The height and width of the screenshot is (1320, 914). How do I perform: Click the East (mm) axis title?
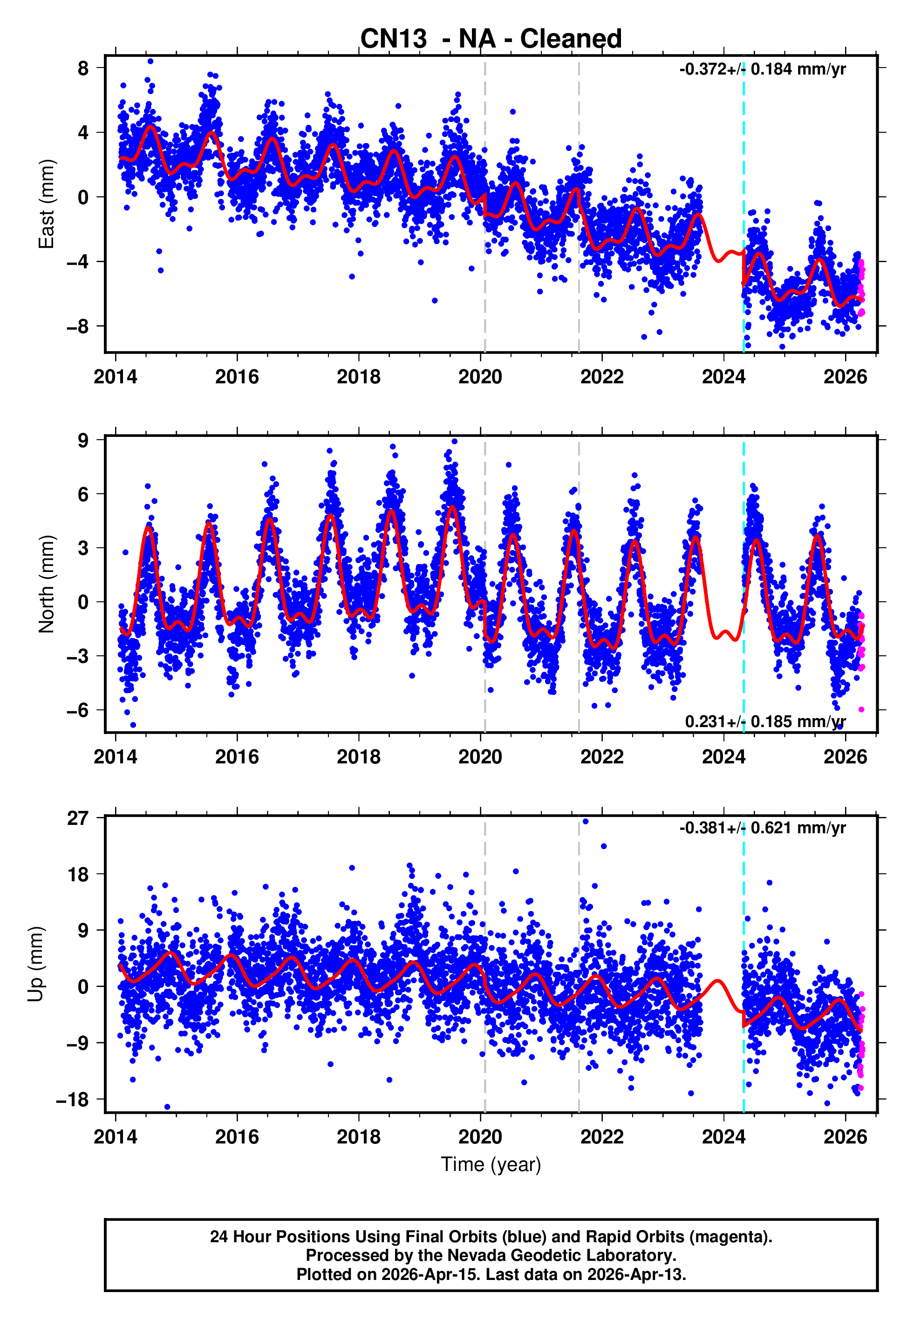click(x=47, y=204)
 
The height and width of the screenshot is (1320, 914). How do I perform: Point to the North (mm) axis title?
click(x=47, y=584)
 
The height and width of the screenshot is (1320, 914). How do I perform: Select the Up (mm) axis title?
click(x=35, y=964)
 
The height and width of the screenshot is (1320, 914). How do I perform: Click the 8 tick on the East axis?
click(x=83, y=68)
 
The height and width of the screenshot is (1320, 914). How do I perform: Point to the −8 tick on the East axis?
click(x=78, y=327)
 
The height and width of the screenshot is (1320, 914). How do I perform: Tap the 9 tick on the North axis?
click(x=83, y=440)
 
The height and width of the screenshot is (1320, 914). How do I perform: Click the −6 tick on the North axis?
click(x=78, y=710)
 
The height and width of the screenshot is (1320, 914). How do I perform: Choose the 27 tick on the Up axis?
click(x=78, y=818)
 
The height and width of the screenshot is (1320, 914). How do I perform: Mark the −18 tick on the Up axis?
click(x=73, y=1100)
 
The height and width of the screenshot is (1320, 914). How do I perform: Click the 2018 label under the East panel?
click(x=359, y=377)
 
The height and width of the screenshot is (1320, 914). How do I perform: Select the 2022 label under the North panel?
click(x=602, y=757)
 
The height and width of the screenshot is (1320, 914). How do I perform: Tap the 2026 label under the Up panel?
click(x=845, y=1137)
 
